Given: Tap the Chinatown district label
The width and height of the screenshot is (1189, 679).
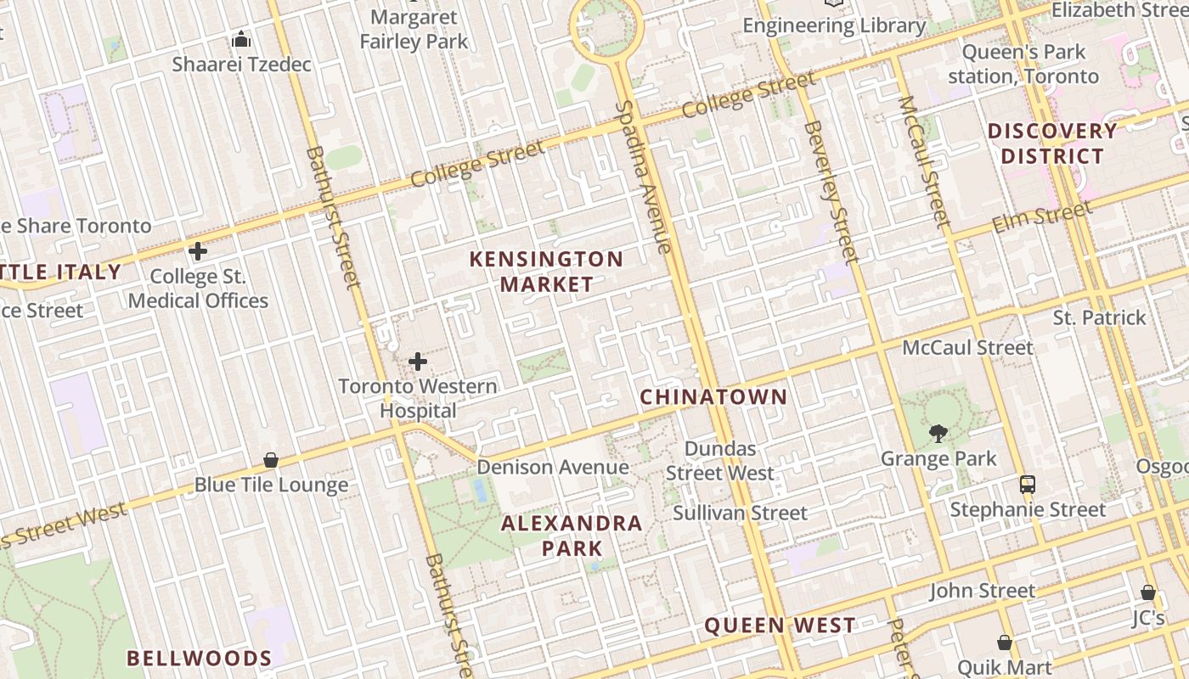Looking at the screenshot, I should click(713, 396).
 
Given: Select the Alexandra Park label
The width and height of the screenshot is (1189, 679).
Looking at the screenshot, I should click(572, 536).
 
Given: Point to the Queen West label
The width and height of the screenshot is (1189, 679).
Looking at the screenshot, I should click(780, 626).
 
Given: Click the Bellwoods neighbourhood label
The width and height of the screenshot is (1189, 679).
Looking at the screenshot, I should click(200, 658).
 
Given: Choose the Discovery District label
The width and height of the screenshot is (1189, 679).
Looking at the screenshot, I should click(1052, 143).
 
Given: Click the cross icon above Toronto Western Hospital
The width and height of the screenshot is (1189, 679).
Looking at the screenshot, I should click(418, 362).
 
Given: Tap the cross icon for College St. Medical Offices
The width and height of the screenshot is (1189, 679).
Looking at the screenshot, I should click(198, 251).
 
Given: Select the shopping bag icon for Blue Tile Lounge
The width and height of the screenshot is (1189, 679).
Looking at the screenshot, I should click(271, 460).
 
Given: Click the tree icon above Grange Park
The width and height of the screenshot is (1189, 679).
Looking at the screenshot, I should click(938, 434).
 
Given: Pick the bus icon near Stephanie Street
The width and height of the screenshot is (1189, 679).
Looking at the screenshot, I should click(1028, 485).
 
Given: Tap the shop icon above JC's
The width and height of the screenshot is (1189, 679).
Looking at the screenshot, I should click(1148, 592).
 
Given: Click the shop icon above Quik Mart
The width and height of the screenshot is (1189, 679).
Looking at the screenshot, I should click(1005, 643).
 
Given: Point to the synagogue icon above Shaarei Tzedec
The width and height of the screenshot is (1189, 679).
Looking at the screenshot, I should click(241, 39).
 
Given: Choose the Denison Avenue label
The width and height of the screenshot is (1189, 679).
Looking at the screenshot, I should click(553, 467).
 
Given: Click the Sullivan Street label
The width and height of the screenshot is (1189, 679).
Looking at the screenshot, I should click(740, 513).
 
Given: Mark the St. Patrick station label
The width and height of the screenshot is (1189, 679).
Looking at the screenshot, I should click(1099, 317).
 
